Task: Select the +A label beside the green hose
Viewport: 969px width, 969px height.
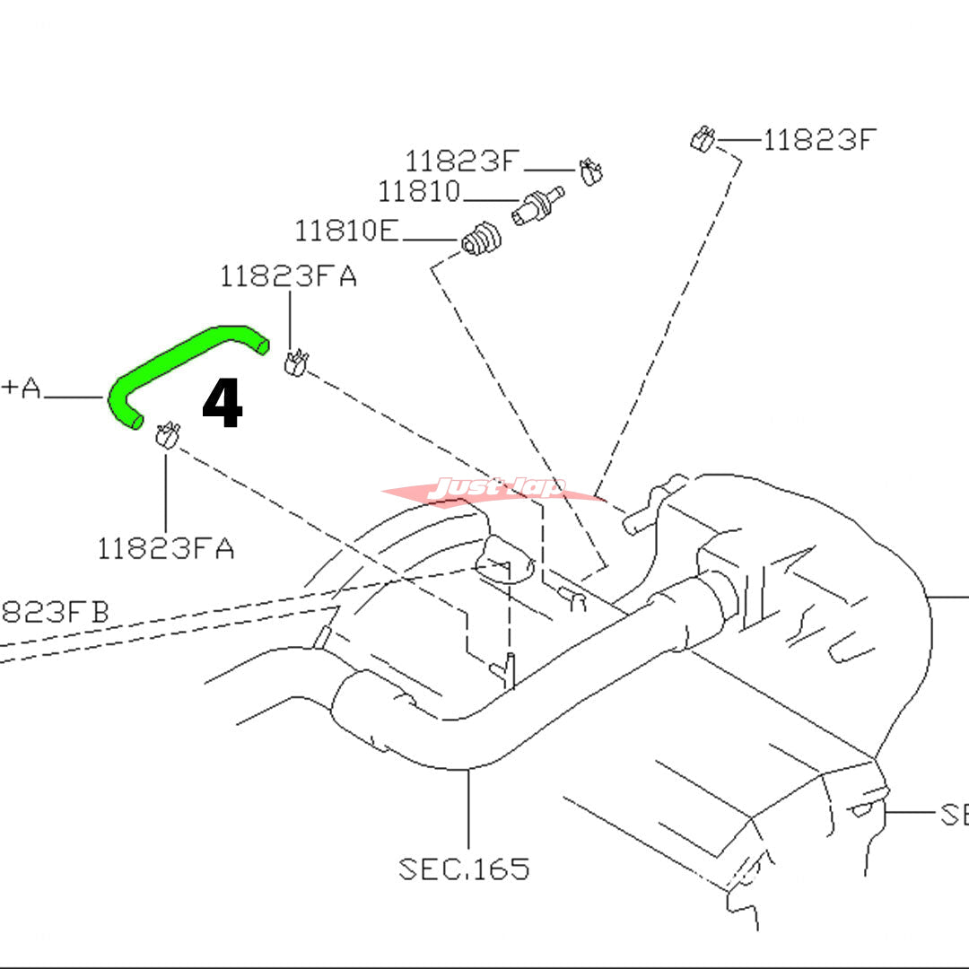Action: pyautogui.click(x=22, y=389)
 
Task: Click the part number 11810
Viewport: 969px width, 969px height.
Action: pyautogui.click(x=418, y=192)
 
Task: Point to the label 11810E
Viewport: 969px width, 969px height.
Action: pyautogui.click(x=346, y=231)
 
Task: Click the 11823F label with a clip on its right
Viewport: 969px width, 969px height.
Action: pyautogui.click(x=462, y=161)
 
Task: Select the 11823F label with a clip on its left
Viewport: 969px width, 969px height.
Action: pyautogui.click(x=818, y=140)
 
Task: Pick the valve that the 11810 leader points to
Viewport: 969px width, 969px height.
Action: pyautogui.click(x=537, y=205)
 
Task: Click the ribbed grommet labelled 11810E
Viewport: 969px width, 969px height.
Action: pyautogui.click(x=481, y=238)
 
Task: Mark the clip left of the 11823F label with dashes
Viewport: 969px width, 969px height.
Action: pyautogui.click(x=703, y=139)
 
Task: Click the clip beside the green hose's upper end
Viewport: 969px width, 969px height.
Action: pyautogui.click(x=295, y=362)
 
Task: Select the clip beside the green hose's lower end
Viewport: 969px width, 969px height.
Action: pyautogui.click(x=166, y=434)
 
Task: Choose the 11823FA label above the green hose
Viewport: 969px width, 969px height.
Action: pyautogui.click(x=288, y=277)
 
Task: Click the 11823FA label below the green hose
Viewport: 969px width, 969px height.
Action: pyautogui.click(x=166, y=548)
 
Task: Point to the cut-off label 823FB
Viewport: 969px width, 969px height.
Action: pyautogui.click(x=54, y=613)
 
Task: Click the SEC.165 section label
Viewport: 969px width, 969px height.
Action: pyautogui.click(x=464, y=869)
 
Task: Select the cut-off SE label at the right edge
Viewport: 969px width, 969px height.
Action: pyautogui.click(x=953, y=815)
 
